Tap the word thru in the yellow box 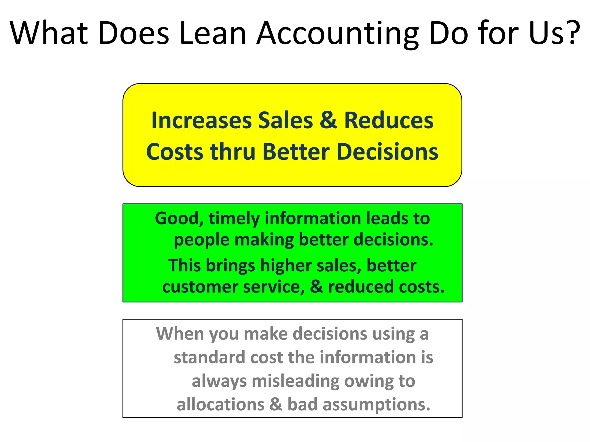[x=232, y=152]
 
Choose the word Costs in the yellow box [x=175, y=152]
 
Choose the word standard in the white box [x=209, y=357]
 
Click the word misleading [x=295, y=382]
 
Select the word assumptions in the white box [x=376, y=405]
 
